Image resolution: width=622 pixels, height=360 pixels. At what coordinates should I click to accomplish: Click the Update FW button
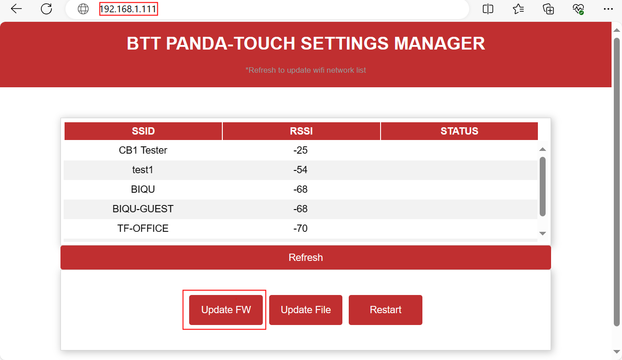[x=226, y=310]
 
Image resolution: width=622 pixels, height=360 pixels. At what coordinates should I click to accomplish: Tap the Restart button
[x=386, y=310]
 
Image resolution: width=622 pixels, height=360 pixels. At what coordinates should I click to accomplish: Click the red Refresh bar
[x=306, y=257]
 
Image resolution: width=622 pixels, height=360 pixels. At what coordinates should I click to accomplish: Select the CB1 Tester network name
[x=143, y=150]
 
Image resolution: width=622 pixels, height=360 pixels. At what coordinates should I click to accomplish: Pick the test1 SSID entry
[x=143, y=170]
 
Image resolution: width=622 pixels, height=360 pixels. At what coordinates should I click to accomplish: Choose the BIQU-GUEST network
[x=143, y=209]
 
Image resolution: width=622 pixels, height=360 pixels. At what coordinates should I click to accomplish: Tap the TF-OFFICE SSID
[x=143, y=228]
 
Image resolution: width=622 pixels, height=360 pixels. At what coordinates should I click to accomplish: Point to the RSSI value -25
[x=301, y=150]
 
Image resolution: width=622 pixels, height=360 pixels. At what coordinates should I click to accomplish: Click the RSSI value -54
[x=301, y=170]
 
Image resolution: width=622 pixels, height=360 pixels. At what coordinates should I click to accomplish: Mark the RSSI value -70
[x=301, y=228]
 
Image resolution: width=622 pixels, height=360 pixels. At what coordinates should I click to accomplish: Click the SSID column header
[x=143, y=131]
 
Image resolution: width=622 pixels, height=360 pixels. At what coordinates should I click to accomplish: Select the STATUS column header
[x=459, y=131]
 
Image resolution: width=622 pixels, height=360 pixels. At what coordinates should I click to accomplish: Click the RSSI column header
[x=301, y=131]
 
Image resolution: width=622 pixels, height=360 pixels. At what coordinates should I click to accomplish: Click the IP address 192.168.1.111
[x=128, y=9]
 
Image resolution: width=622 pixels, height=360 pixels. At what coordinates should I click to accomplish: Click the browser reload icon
[x=46, y=9]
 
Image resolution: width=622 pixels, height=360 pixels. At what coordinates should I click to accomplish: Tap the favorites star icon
[x=518, y=9]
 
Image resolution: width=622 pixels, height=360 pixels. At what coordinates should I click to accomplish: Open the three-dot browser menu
[x=608, y=9]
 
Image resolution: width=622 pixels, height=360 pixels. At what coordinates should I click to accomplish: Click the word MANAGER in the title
[x=439, y=44]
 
